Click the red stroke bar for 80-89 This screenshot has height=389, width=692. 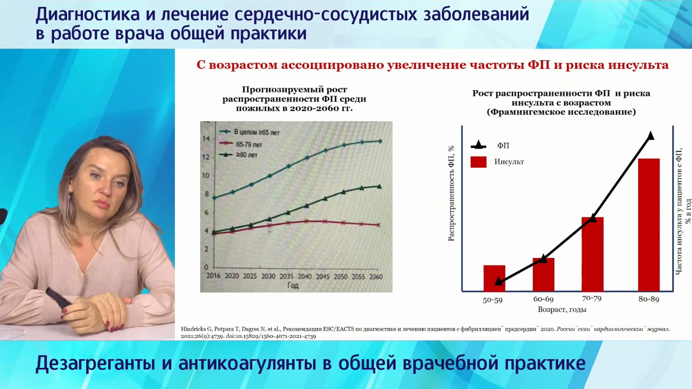click(649, 225)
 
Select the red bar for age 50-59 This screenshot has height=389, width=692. click(494, 278)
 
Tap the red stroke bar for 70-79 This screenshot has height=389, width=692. click(592, 254)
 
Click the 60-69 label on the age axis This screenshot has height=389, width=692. click(544, 299)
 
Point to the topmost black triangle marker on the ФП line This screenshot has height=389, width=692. click(650, 135)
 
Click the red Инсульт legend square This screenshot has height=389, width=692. click(478, 162)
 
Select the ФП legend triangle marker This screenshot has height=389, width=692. click(478, 145)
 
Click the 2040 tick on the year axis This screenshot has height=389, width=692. click(305, 276)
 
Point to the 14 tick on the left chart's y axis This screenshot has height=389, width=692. click(206, 139)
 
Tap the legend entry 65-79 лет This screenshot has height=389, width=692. click(240, 144)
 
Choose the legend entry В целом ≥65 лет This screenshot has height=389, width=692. click(249, 132)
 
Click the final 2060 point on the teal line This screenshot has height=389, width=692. click(380, 141)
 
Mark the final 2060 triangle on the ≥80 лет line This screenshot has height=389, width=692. click(380, 186)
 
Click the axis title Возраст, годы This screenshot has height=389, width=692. click(562, 309)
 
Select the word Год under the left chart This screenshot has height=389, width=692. click(293, 285)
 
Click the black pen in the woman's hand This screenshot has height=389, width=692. click(59, 299)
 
